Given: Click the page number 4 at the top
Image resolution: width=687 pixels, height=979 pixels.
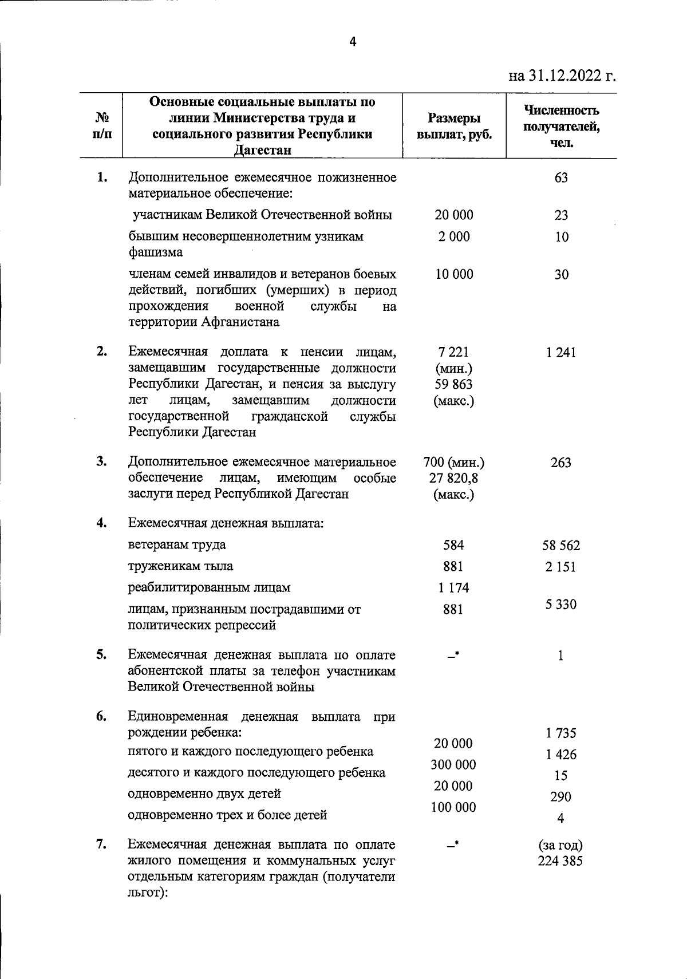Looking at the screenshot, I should [x=353, y=42].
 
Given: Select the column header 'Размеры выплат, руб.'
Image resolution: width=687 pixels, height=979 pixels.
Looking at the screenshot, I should [x=454, y=127].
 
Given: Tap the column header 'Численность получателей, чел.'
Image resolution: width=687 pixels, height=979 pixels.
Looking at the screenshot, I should [x=561, y=126].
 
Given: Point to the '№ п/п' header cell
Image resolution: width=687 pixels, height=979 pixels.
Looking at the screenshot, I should [x=102, y=126].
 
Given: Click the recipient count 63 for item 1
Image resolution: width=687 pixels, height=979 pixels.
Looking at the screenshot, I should [x=561, y=177].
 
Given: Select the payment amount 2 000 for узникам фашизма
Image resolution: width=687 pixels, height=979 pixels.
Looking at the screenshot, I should [x=454, y=236].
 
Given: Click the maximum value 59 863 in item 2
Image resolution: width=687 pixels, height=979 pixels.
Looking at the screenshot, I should [x=454, y=384].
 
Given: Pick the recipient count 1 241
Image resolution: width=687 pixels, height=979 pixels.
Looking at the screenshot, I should [x=561, y=353].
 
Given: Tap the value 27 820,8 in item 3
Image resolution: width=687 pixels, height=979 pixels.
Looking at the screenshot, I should [x=454, y=478].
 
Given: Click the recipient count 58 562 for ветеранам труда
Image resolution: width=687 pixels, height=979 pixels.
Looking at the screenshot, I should [x=561, y=546].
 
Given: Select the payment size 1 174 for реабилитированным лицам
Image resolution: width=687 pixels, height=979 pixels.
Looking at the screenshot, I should [x=454, y=588].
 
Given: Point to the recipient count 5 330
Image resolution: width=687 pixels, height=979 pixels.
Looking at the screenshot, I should [x=561, y=605].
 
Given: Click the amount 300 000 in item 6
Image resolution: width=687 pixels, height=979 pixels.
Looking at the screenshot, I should [x=454, y=765].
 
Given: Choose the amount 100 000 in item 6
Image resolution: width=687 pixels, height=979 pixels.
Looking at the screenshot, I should [x=454, y=807].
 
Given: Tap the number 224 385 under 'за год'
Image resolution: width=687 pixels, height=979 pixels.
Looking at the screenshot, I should [x=561, y=860].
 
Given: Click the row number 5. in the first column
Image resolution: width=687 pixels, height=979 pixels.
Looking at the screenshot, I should [x=102, y=654].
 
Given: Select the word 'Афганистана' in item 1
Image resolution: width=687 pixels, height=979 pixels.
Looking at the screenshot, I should [x=240, y=322].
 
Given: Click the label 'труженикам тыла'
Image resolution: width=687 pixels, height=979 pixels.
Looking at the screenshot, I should [x=180, y=566].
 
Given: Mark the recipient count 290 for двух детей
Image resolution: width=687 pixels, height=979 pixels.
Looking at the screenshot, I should [x=561, y=797].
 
